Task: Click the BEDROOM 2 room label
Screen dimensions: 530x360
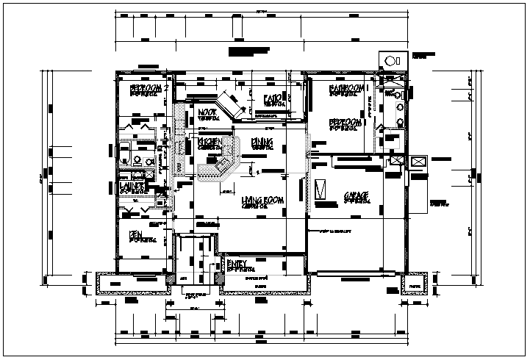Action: (x=149, y=87)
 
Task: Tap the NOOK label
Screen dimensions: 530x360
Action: (x=207, y=112)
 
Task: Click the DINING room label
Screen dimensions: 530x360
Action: (x=262, y=141)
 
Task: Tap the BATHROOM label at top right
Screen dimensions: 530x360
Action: (x=345, y=88)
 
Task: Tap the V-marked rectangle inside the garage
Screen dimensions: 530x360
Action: (x=319, y=190)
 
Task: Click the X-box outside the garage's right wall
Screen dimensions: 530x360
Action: (x=419, y=162)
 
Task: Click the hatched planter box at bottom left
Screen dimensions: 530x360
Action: (x=115, y=282)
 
